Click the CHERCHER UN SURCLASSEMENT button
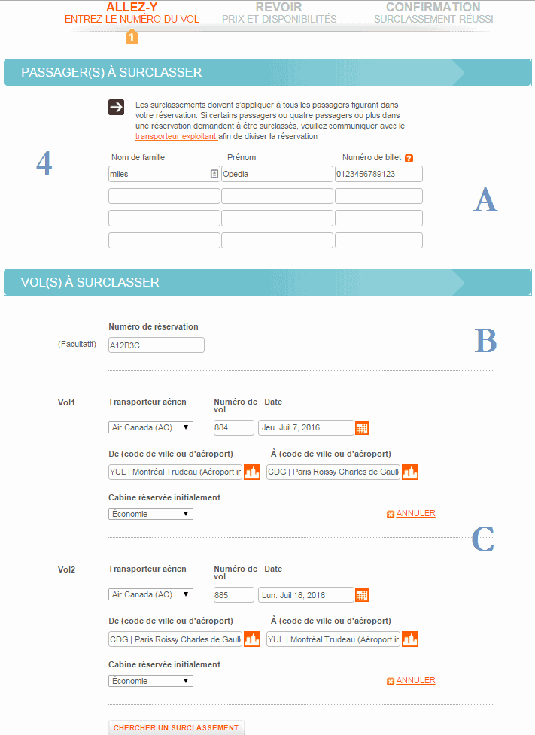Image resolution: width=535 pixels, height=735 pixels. pyautogui.click(x=177, y=727)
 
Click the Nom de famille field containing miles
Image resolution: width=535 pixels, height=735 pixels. pyautogui.click(x=158, y=174)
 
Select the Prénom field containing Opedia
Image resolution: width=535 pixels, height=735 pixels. pyautogui.click(x=276, y=174)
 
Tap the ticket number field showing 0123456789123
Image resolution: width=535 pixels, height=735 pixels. pyautogui.click(x=378, y=174)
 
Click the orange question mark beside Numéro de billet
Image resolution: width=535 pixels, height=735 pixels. pyautogui.click(x=409, y=158)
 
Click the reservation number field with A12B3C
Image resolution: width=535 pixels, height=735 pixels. pyautogui.click(x=156, y=345)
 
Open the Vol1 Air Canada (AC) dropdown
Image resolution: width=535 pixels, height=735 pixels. pyautogui.click(x=150, y=427)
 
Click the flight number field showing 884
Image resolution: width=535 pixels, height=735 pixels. pyautogui.click(x=233, y=427)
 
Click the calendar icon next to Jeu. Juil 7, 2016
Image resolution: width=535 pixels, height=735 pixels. pyautogui.click(x=362, y=428)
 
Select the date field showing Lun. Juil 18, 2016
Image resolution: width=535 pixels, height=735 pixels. pyautogui.click(x=305, y=594)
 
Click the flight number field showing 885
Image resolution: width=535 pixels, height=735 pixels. pyautogui.click(x=233, y=594)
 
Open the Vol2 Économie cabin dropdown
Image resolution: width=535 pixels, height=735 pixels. pyautogui.click(x=150, y=681)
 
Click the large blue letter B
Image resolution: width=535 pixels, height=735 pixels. pyautogui.click(x=485, y=342)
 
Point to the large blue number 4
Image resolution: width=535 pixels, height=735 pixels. pyautogui.click(x=44, y=164)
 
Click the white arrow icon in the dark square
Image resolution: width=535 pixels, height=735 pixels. pyautogui.click(x=116, y=107)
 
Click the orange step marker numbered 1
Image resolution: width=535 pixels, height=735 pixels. pyautogui.click(x=132, y=36)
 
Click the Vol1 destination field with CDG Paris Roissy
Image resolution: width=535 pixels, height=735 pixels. pyautogui.click(x=333, y=472)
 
